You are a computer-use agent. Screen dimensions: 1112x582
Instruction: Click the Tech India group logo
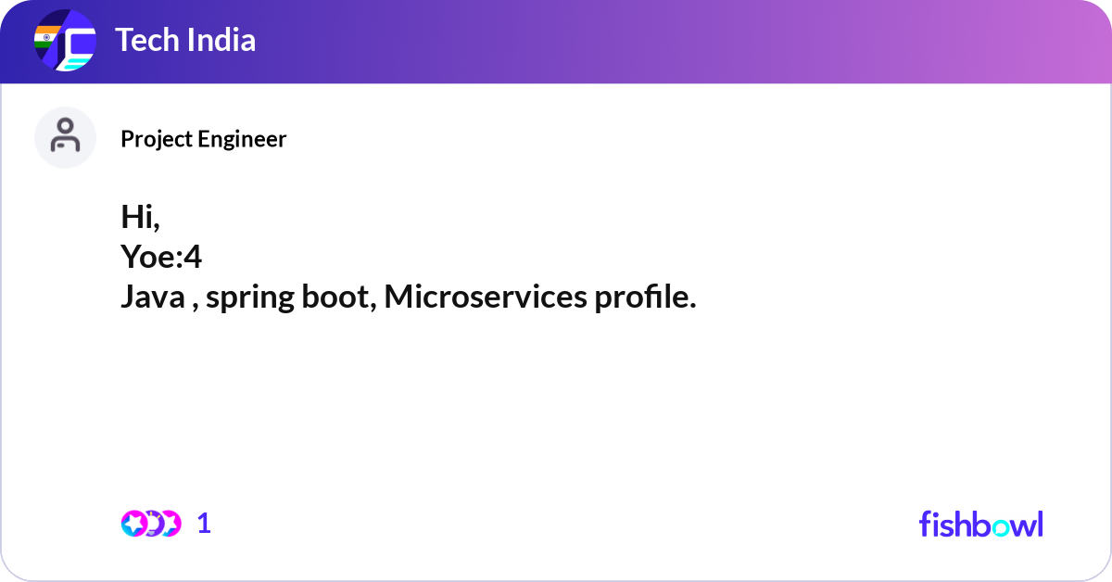coord(65,40)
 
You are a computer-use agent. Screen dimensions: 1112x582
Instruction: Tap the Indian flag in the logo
coord(45,37)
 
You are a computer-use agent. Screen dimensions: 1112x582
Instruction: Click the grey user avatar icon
coord(65,137)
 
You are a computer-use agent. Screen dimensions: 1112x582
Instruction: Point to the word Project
coord(157,140)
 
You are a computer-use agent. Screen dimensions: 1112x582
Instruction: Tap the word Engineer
coord(242,140)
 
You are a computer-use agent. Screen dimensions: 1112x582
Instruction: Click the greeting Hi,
coord(141,217)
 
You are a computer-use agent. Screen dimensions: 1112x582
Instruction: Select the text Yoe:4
coord(161,257)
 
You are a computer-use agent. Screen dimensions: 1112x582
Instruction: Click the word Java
coord(153,297)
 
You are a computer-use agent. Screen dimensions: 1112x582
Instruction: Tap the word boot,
coord(339,297)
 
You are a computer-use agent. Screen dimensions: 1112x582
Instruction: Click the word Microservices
coord(486,297)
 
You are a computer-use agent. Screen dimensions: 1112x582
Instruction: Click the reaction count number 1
coord(204,524)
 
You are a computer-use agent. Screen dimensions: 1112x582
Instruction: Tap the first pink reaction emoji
coord(134,524)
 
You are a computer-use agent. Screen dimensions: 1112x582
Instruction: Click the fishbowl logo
coord(981,524)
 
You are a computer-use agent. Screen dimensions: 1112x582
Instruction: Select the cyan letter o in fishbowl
coord(1000,527)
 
